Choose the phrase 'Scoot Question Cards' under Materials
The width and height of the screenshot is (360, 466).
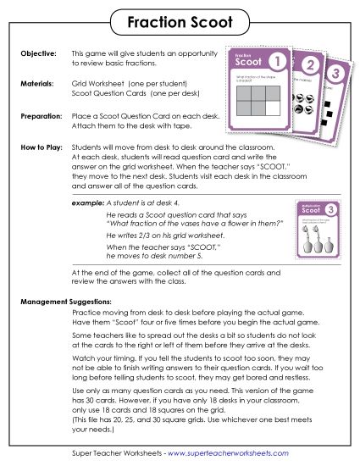[x=110, y=94]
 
